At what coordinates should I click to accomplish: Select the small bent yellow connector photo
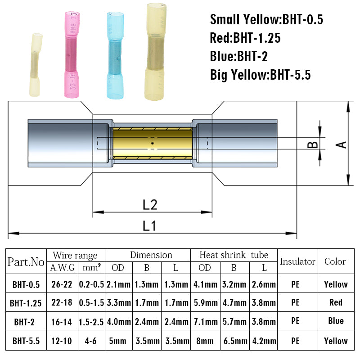tap(36, 65)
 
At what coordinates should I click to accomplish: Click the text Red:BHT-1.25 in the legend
tap(245, 38)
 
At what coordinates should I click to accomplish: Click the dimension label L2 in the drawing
tap(150, 205)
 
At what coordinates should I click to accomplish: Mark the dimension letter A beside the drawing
tap(342, 144)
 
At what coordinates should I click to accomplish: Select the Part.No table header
tap(26, 261)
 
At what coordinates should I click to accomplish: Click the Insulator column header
tap(297, 261)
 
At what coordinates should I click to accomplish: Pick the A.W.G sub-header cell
tap(62, 268)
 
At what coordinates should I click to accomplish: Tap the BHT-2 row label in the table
tap(26, 321)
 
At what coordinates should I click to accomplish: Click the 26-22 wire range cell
tap(62, 284)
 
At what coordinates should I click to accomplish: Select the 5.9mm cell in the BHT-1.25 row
tap(205, 303)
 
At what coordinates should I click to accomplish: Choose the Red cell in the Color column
tap(335, 302)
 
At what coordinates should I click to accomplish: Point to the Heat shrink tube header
tap(234, 255)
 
